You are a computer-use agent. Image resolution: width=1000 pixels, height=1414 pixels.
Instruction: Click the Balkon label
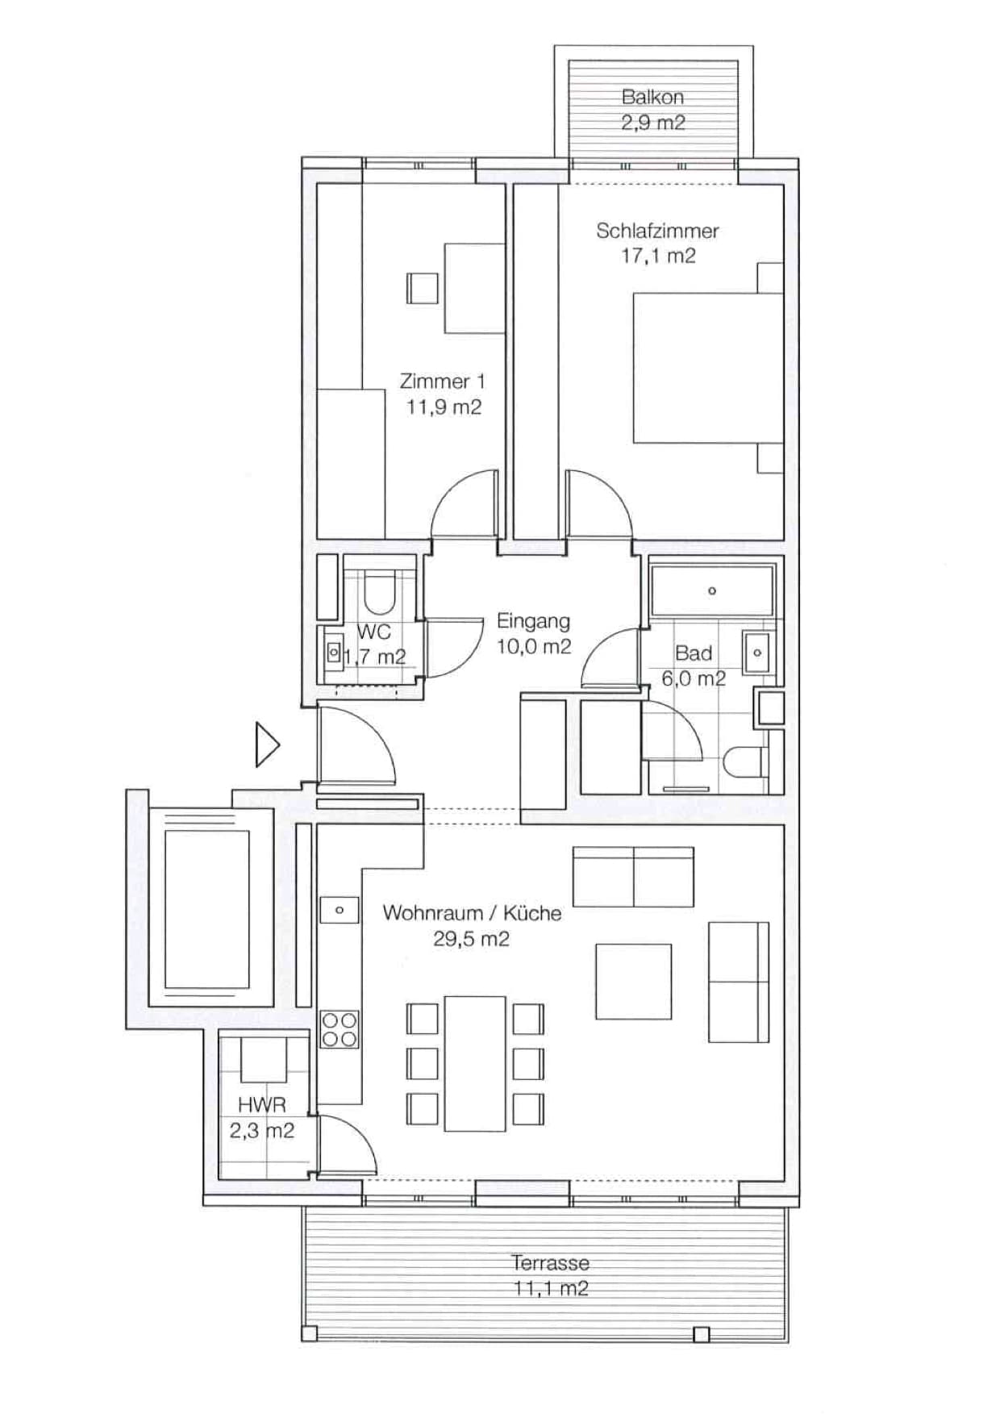coord(652,98)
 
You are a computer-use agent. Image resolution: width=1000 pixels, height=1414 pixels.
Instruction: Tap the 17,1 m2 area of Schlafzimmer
coord(658,257)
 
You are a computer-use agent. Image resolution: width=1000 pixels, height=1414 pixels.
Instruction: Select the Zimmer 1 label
coord(442,381)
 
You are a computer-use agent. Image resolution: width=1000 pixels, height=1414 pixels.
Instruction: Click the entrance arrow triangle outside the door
coord(266,744)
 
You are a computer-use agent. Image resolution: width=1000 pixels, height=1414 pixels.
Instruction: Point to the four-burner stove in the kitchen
coord(340,1029)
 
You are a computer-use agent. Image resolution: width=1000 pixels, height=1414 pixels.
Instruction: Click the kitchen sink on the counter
coord(340,910)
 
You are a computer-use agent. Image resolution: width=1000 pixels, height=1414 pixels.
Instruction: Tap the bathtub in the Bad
coord(711,590)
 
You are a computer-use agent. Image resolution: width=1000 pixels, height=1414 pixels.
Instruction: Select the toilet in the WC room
coord(377,593)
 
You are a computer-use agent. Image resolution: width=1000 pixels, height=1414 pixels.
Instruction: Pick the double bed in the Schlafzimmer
coord(706,368)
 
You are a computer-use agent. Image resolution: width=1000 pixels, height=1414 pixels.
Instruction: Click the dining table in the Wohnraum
coord(475,1063)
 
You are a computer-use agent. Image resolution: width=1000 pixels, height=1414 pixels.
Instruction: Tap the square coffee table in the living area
coord(633,981)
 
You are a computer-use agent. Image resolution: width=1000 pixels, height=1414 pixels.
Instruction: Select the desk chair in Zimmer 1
coord(422,288)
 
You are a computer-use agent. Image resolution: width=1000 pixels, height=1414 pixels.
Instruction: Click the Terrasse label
coord(550,1262)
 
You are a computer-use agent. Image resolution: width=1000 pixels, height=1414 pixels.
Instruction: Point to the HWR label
coord(261,1104)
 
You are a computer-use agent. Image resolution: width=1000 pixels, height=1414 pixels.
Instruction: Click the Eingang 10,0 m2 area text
coord(534,646)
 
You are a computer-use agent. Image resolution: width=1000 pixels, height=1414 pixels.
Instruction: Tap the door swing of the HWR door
coord(347,1145)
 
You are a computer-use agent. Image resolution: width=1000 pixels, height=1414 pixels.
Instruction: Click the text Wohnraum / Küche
coord(472,913)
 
